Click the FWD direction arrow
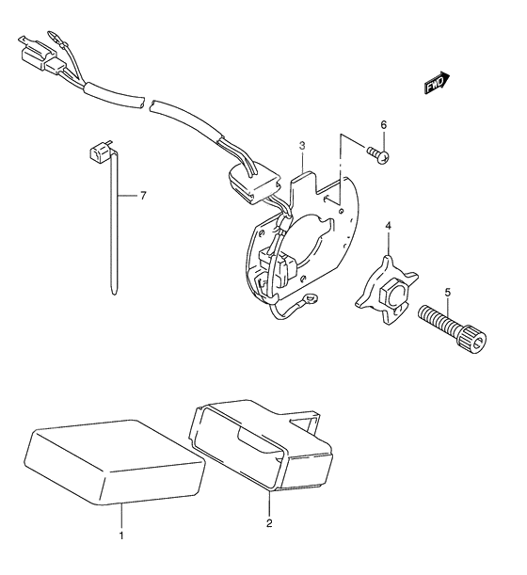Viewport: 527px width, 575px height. click(437, 83)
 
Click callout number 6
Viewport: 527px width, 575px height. click(383, 125)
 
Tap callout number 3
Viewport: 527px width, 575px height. click(302, 146)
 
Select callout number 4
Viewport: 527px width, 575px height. click(388, 225)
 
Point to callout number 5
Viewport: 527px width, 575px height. click(447, 293)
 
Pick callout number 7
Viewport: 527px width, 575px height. click(143, 196)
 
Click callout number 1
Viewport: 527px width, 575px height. click(121, 535)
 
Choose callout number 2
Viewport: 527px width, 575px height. click(269, 523)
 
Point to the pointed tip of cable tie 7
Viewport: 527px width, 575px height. click(114, 293)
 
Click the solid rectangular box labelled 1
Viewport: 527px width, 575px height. click(115, 462)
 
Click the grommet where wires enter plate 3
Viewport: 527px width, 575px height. click(254, 184)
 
